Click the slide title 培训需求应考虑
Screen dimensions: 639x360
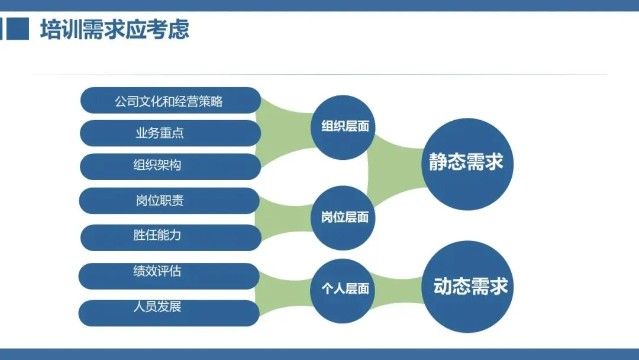pos(115,29)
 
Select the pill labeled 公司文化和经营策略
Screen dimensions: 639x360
pos(170,100)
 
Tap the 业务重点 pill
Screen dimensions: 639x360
pos(170,133)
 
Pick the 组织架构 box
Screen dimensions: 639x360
pos(170,166)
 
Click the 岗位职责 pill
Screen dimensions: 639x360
pos(169,201)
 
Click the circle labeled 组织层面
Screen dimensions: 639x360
pos(344,126)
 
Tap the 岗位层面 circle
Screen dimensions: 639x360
pos(344,217)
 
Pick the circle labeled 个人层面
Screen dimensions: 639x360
pos(344,288)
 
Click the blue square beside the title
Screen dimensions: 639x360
pos(18,28)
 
